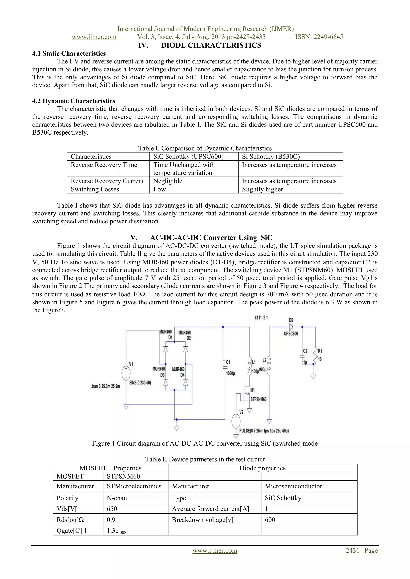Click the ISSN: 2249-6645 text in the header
point(319,37)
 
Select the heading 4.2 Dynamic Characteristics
point(73,101)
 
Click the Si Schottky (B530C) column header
point(271,157)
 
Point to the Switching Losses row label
point(95,189)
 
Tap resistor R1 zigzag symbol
point(315,355)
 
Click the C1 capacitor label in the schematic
point(228,362)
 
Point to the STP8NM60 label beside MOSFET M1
point(258,399)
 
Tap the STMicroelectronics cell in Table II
point(134,486)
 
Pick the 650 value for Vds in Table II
point(112,509)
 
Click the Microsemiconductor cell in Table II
point(293,486)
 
